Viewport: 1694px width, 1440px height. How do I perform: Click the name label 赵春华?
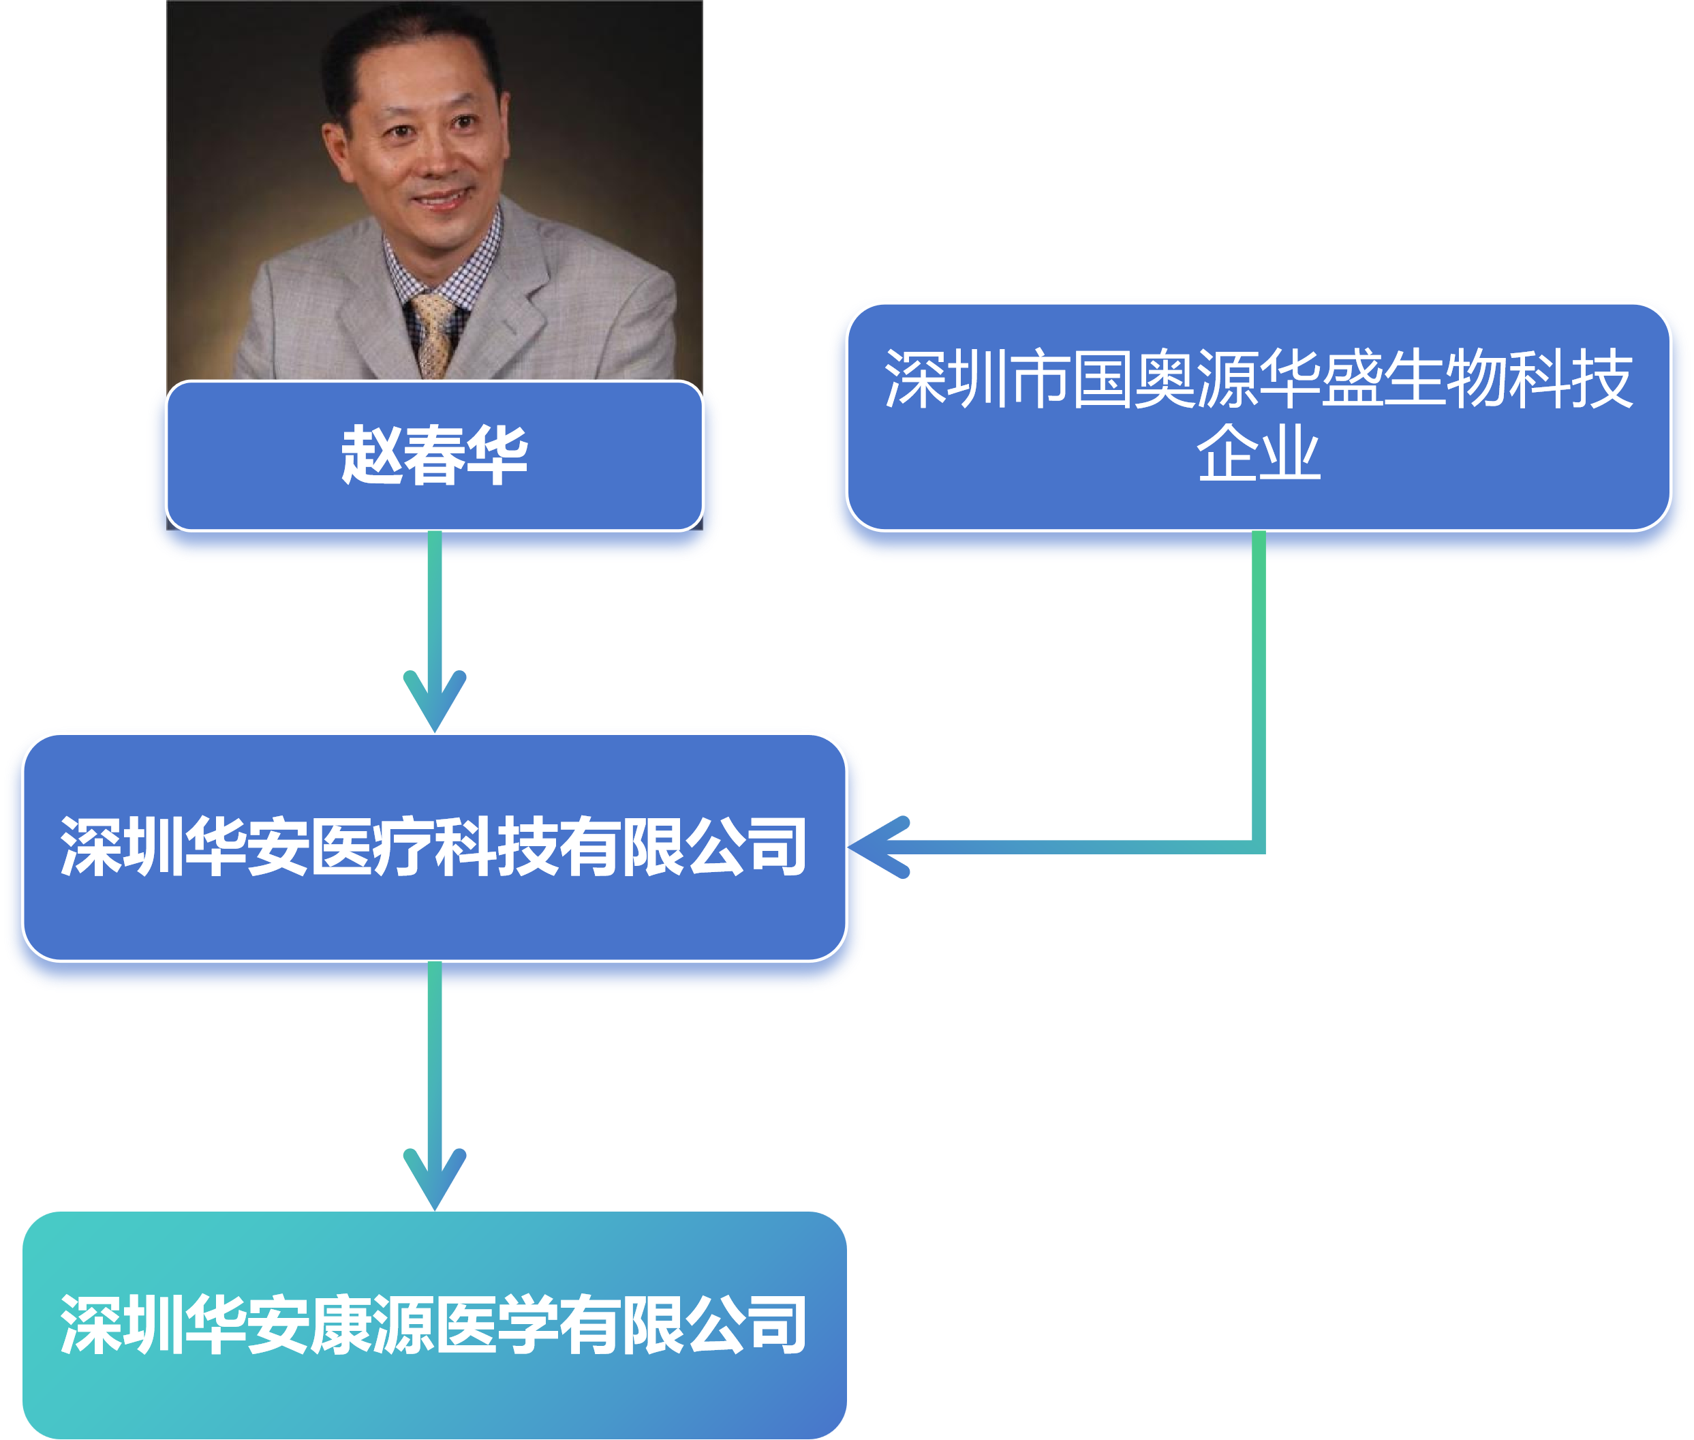click(x=434, y=455)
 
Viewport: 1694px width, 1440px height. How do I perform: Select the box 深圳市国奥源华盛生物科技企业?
click(x=1259, y=417)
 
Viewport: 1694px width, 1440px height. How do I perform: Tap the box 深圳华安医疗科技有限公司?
click(x=434, y=847)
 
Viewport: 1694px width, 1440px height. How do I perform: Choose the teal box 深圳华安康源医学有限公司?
click(x=434, y=1325)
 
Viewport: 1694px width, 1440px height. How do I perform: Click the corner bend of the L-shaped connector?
click(x=1259, y=847)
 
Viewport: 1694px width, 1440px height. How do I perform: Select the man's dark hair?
click(x=408, y=41)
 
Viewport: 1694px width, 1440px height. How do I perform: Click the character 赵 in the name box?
click(x=371, y=455)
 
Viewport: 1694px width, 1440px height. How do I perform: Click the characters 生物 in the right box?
click(x=1445, y=379)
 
